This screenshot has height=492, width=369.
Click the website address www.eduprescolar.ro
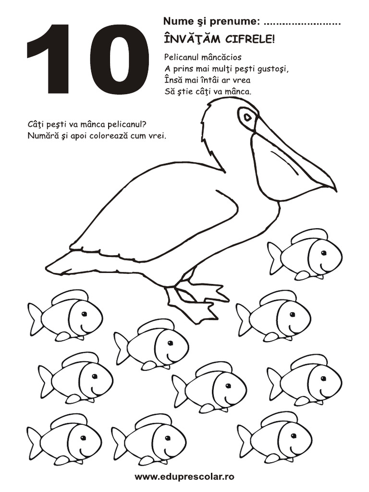point(184,477)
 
